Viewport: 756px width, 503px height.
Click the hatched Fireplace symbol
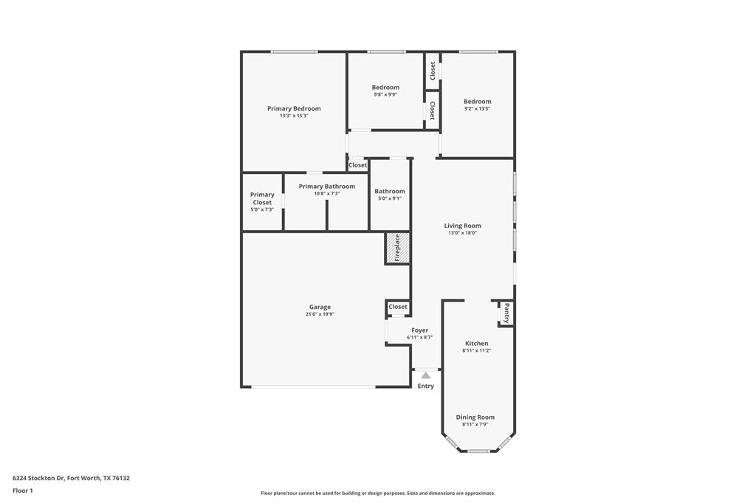click(397, 248)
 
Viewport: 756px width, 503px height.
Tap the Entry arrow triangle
click(425, 375)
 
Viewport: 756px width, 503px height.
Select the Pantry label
click(506, 314)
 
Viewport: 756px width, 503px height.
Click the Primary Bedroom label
click(294, 108)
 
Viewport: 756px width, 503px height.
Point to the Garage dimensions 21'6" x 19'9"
click(320, 314)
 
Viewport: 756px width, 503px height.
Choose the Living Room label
click(462, 226)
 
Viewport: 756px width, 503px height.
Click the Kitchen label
click(476, 343)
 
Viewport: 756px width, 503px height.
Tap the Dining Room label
click(475, 417)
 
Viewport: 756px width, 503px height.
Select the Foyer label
click(419, 330)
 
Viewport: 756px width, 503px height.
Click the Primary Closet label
click(262, 198)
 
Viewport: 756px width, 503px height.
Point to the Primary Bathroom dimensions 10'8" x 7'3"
click(326, 194)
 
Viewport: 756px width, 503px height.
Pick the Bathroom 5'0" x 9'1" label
click(389, 191)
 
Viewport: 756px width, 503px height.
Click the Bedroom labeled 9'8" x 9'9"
click(385, 87)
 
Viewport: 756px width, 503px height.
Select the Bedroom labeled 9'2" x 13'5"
click(477, 101)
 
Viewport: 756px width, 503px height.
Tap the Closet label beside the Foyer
click(398, 307)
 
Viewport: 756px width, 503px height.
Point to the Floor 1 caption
click(22, 490)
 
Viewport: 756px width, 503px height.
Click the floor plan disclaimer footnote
click(377, 493)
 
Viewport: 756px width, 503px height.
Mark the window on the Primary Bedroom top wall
click(294, 52)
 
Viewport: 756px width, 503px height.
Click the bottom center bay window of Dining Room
click(478, 451)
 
